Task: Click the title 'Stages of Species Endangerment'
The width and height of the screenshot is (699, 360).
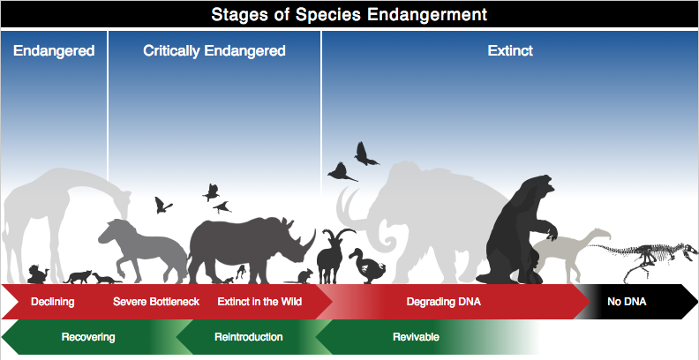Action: [x=349, y=14]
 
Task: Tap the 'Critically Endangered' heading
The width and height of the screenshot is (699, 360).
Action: [x=214, y=51]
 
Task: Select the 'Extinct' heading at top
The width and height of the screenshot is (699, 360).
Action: [x=510, y=50]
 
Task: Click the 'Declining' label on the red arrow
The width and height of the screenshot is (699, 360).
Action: [x=53, y=302]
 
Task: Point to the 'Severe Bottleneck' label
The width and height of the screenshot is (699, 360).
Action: [x=156, y=302]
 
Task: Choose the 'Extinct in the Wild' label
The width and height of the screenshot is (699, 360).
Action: [x=259, y=302]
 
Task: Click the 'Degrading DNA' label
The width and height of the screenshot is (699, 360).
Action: [x=444, y=302]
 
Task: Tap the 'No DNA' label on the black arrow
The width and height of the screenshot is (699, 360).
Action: [x=627, y=302]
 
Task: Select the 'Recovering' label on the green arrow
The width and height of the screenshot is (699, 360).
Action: [x=88, y=337]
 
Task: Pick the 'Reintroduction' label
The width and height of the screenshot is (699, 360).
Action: [x=248, y=336]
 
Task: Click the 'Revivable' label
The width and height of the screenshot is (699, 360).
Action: [x=416, y=336]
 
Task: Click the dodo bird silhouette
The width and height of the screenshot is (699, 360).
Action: [x=367, y=266]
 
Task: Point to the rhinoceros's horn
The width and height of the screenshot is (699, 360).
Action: [x=310, y=241]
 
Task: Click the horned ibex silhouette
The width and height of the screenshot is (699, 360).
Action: [x=331, y=256]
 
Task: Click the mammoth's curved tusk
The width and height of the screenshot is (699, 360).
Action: [x=345, y=207]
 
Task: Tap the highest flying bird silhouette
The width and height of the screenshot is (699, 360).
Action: [x=365, y=154]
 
